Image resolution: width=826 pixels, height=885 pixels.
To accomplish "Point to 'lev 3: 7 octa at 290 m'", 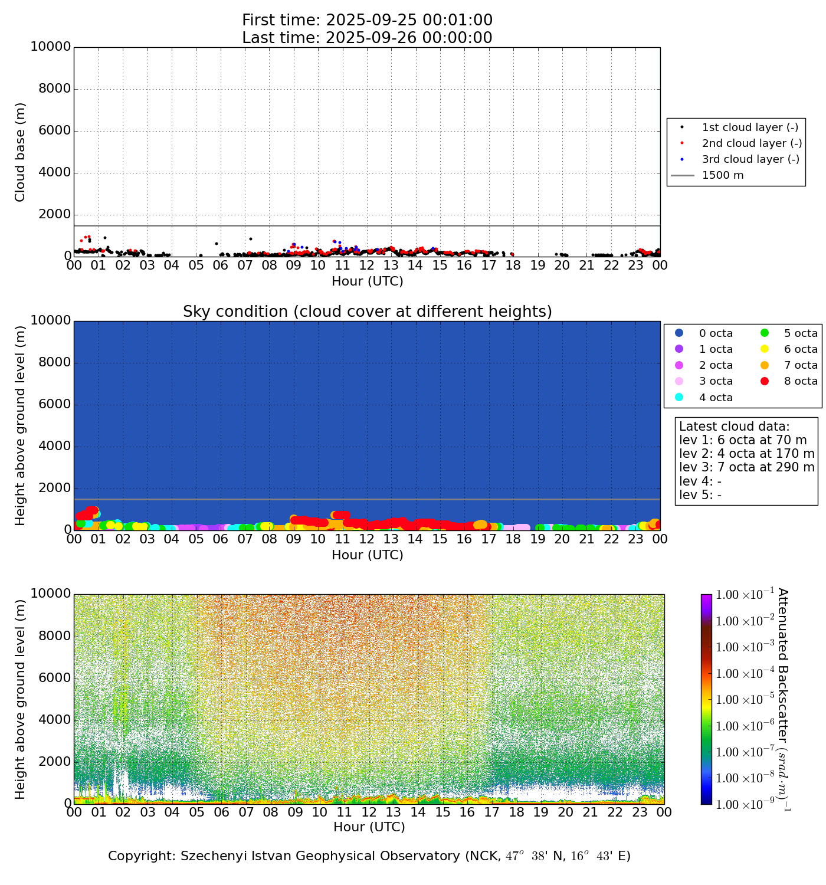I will (746, 467).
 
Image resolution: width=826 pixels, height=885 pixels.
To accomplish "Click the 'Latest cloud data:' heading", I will (734, 427).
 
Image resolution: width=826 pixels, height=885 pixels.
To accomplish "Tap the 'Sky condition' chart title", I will (367, 312).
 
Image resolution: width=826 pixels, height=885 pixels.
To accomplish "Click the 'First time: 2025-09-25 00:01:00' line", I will (367, 21).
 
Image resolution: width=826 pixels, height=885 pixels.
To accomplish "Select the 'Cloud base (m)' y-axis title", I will (21, 152).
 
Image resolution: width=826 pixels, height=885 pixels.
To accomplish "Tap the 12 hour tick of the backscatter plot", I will (369, 812).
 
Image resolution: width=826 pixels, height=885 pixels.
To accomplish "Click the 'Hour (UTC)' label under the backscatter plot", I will (369, 827).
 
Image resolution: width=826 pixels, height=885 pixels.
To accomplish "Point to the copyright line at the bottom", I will (369, 856).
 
